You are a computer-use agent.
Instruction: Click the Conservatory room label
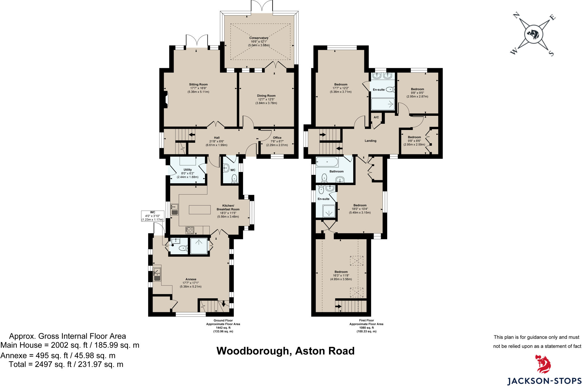pyautogui.click(x=259, y=38)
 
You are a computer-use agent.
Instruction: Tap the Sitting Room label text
pyautogui.click(x=198, y=85)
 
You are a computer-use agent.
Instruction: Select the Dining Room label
pyautogui.click(x=266, y=96)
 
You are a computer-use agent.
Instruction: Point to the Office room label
pyautogui.click(x=277, y=138)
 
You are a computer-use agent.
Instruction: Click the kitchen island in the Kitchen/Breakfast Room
pyautogui.click(x=199, y=210)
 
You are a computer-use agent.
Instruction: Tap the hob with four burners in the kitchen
pyautogui.click(x=190, y=230)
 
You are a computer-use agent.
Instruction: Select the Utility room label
pyautogui.click(x=188, y=170)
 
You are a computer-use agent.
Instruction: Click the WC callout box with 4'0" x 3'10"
pyautogui.click(x=153, y=216)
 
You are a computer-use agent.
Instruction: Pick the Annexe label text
pyautogui.click(x=191, y=279)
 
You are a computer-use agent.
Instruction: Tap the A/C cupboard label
pyautogui.click(x=376, y=118)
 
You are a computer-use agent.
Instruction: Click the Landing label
pyautogui.click(x=370, y=141)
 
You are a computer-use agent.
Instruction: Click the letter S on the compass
pyautogui.click(x=551, y=53)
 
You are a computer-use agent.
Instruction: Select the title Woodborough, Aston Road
pyautogui.click(x=285, y=351)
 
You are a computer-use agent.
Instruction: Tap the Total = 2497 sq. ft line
pyautogui.click(x=66, y=364)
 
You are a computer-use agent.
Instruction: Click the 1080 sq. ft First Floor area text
pyautogui.click(x=366, y=328)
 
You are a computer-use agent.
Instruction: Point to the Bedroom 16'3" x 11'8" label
pyautogui.click(x=341, y=272)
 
